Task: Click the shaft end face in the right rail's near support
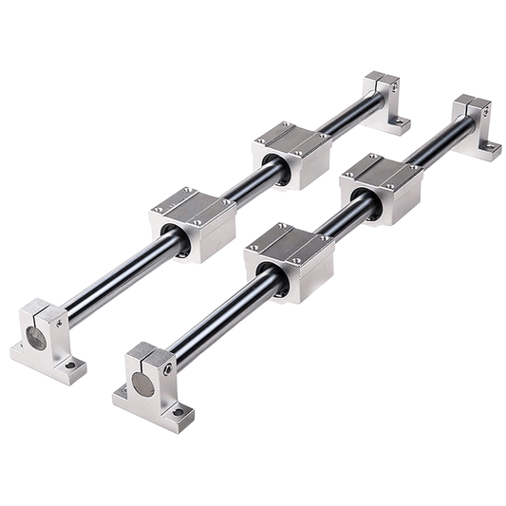click(x=141, y=384)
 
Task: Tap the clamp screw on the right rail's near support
click(x=168, y=368)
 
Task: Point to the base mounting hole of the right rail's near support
click(x=178, y=413)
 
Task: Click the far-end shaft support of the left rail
click(x=385, y=100)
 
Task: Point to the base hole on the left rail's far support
click(x=401, y=122)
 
